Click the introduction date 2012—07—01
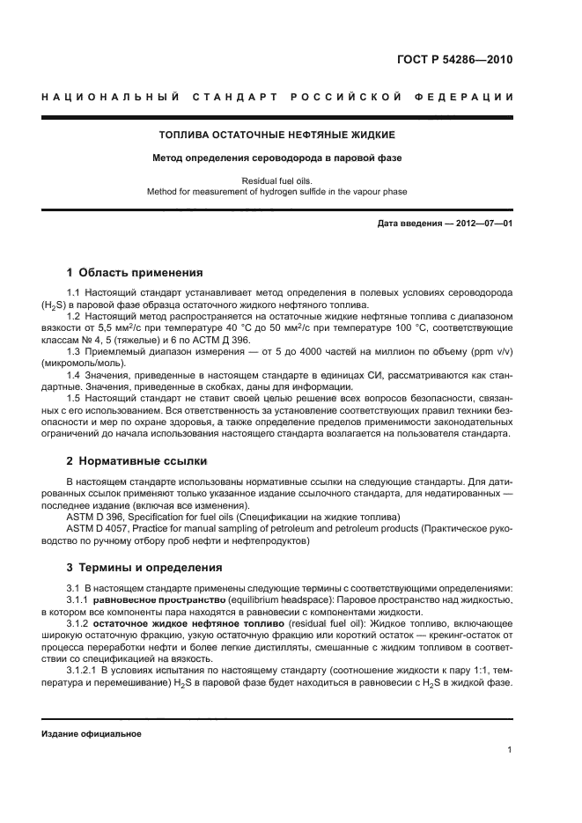[481, 224]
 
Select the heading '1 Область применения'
[135, 272]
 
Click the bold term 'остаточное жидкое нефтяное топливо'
[179, 623]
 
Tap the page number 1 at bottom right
[510, 750]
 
